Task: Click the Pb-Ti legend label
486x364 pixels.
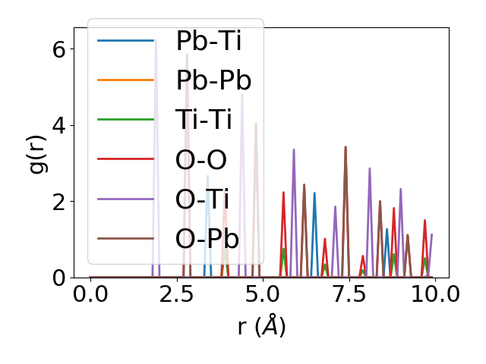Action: pos(208,41)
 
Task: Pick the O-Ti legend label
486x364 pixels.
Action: pos(203,199)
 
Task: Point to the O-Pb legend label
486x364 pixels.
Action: pos(207,238)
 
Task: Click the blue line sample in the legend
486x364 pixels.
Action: pos(126,41)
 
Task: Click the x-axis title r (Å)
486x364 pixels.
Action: pos(262,326)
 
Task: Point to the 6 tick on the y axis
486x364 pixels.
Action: pos(58,49)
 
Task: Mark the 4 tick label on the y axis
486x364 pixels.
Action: pos(58,125)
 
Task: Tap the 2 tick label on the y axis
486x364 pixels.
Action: pos(58,201)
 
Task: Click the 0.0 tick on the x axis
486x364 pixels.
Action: pos(90,294)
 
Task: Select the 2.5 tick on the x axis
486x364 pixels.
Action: pos(176,294)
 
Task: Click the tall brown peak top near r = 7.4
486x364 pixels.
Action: pos(346,147)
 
